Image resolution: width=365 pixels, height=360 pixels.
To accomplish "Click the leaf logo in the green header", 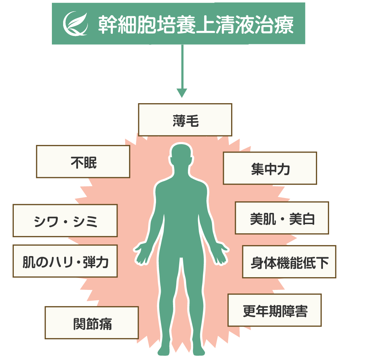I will point(75,24).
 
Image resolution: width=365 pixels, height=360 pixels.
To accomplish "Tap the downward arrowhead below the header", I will point(181,93).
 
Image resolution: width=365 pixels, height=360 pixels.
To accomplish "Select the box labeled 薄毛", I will point(185,120).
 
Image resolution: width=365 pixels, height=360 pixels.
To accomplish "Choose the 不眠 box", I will point(83,162).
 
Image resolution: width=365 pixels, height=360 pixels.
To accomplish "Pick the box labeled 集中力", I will point(270,168).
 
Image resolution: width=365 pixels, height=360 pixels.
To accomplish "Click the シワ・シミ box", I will point(65,221).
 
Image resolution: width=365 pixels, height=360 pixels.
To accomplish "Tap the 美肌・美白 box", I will point(282,218).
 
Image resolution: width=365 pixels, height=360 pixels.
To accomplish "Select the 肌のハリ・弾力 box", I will point(65,261).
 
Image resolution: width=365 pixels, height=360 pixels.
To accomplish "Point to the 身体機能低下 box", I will point(289,262).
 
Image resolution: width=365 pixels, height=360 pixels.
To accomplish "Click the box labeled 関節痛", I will point(92,323).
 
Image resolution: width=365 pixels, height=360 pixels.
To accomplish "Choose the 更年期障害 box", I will point(275,310).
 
